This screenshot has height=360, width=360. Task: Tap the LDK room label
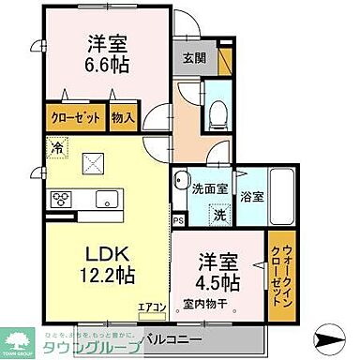click(x=88, y=254)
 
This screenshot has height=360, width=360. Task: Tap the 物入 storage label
click(x=124, y=118)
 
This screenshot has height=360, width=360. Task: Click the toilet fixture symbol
click(x=217, y=113)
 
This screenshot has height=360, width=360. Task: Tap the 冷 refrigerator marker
click(x=58, y=147)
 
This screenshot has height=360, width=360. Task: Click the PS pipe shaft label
click(x=178, y=220)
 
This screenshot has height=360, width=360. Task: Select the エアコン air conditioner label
click(x=152, y=307)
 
